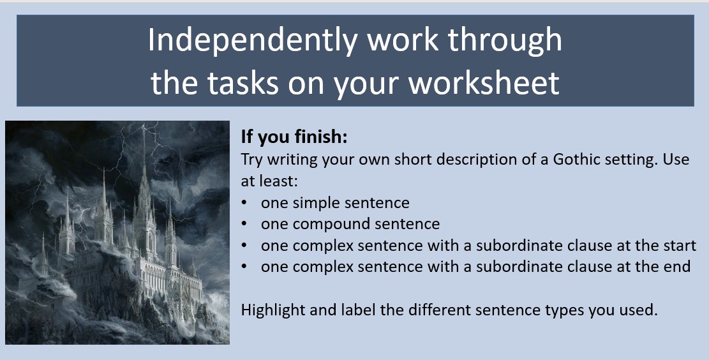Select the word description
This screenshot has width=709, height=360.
coord(469,159)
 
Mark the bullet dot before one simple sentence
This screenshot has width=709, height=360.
coord(244,203)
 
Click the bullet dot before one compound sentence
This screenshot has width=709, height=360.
coord(244,224)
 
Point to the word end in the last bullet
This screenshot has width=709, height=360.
coord(678,267)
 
